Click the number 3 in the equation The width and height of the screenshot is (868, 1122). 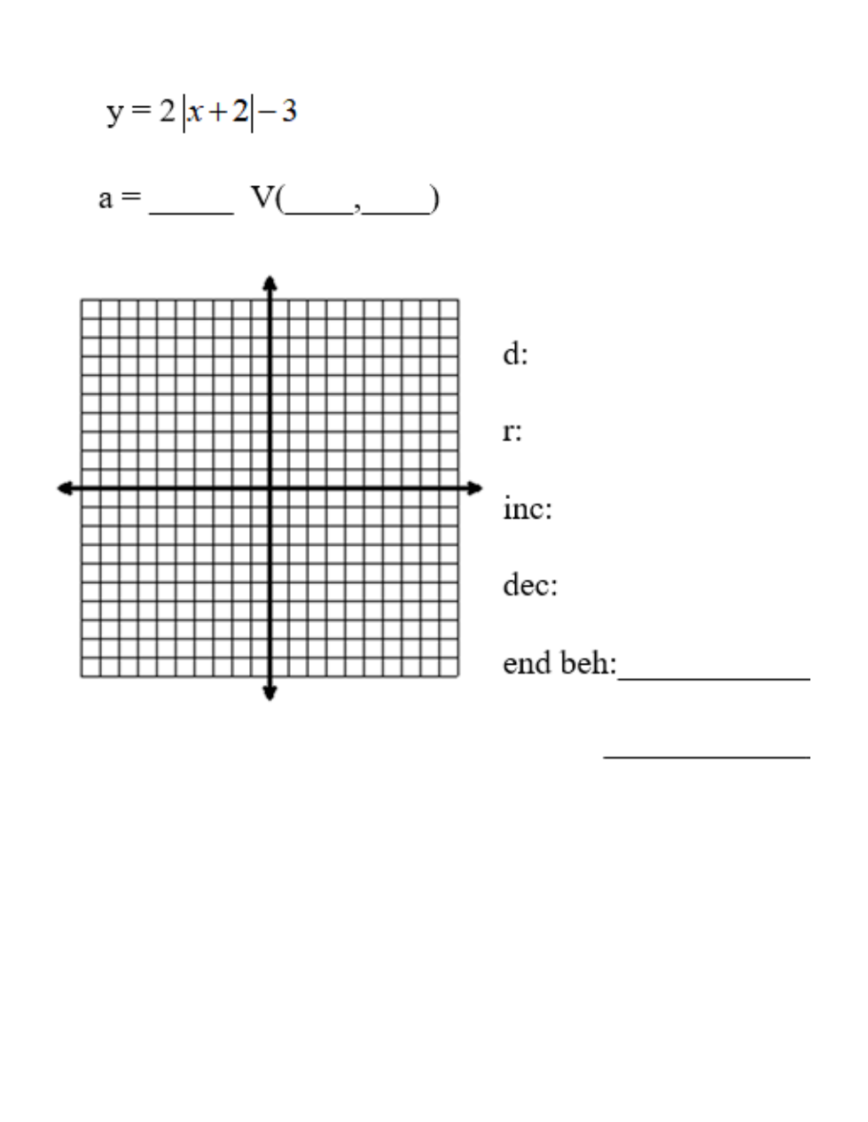tap(288, 113)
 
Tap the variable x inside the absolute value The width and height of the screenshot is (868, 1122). tap(196, 114)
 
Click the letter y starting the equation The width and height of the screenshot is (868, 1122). tap(114, 113)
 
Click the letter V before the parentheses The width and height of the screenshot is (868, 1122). tap(262, 198)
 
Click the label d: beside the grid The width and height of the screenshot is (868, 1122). tap(515, 355)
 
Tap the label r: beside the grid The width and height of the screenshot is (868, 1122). tap(512, 432)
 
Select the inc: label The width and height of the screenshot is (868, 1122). tap(527, 509)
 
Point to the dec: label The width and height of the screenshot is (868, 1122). tap(529, 586)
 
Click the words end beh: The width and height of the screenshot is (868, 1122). tap(559, 663)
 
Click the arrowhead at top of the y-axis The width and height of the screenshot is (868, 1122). tap(270, 284)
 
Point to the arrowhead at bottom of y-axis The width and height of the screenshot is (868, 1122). tap(270, 692)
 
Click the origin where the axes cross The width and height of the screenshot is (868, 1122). tap(270, 488)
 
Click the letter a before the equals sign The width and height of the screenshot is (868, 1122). tap(106, 199)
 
